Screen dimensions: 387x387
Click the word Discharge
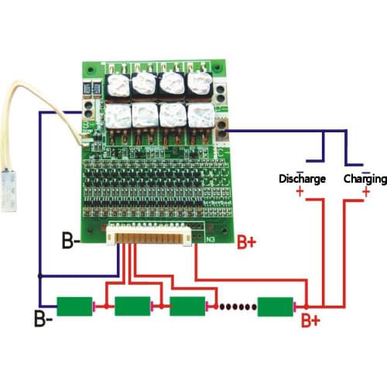(x=302, y=180)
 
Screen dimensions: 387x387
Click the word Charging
(x=364, y=180)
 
